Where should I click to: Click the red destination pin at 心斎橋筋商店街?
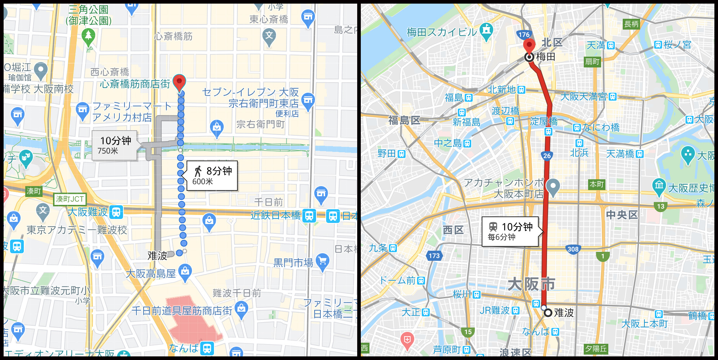(x=179, y=82)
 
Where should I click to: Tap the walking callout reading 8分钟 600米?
(x=212, y=176)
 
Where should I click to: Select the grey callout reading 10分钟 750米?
(x=114, y=145)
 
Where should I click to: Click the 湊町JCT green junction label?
(x=70, y=199)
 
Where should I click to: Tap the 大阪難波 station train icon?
(x=116, y=212)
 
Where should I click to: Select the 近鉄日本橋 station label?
(x=276, y=216)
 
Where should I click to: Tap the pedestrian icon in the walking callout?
(x=198, y=171)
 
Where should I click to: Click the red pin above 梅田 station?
(x=529, y=46)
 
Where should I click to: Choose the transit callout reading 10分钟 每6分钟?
(x=510, y=232)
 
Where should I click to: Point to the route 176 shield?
(x=524, y=35)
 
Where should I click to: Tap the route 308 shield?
(x=573, y=249)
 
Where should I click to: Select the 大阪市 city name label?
(x=531, y=284)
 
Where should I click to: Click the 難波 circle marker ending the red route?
(x=548, y=313)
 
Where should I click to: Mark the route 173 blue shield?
(x=434, y=256)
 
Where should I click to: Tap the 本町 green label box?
(x=596, y=184)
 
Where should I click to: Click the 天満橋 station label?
(x=620, y=154)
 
